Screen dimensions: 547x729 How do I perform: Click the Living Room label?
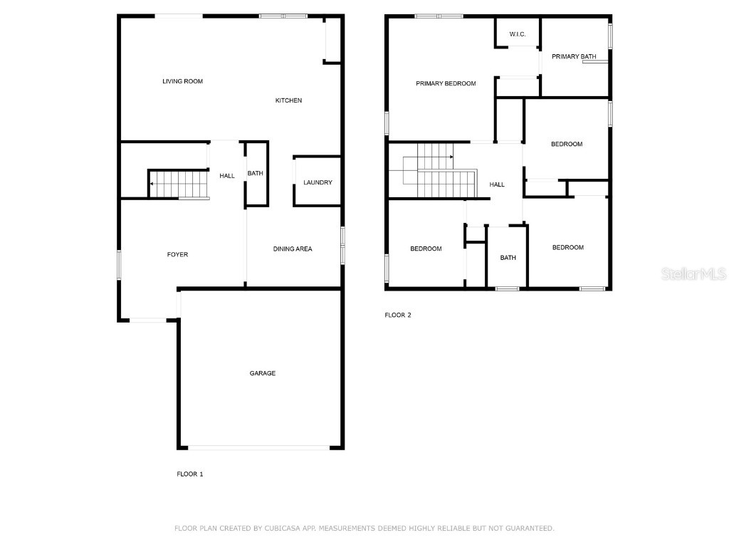click(182, 81)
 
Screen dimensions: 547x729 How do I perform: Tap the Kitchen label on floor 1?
click(288, 100)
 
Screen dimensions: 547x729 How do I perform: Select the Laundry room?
click(318, 182)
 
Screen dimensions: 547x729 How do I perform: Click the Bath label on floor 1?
click(255, 173)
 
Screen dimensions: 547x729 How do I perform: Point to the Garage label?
click(262, 373)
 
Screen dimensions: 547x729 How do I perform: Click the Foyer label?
click(177, 254)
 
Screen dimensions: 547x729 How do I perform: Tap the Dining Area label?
click(293, 249)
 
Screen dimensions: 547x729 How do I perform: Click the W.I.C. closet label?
click(518, 34)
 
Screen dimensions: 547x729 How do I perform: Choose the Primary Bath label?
click(574, 56)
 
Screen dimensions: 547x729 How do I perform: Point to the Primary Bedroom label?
click(446, 83)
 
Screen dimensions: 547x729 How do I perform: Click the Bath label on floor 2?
click(508, 258)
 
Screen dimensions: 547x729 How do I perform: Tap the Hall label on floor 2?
click(497, 184)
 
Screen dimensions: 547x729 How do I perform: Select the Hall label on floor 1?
click(227, 176)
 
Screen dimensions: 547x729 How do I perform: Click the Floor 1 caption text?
click(190, 474)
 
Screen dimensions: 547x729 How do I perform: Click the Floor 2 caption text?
click(398, 315)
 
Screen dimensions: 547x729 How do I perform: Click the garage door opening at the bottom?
click(259, 448)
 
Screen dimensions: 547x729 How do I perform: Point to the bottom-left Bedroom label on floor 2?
click(426, 249)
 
